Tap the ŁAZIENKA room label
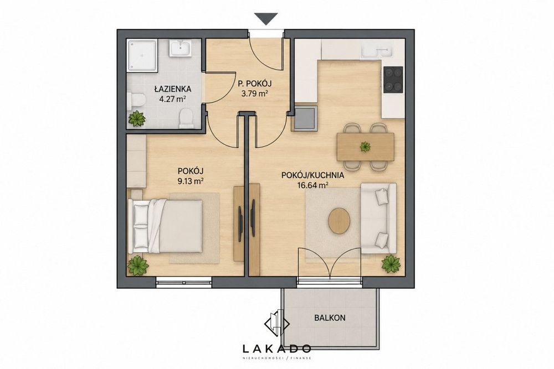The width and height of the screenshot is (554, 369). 173,89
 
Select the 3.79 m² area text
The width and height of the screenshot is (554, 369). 254,94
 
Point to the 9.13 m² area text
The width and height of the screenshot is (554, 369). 191,181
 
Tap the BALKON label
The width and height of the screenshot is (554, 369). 330,318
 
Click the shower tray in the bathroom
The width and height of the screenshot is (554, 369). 142,55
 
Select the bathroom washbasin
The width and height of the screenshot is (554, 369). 180,48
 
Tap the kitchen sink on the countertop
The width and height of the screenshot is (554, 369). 377,51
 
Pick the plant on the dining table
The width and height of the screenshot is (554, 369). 365,146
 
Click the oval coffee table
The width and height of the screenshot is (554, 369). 339,220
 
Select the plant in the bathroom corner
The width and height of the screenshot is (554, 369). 137,118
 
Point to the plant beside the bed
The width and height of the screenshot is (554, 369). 137,266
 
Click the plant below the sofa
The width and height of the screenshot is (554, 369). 391,263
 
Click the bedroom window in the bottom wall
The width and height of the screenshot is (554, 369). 184,282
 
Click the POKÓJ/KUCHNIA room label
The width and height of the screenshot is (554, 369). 312,175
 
